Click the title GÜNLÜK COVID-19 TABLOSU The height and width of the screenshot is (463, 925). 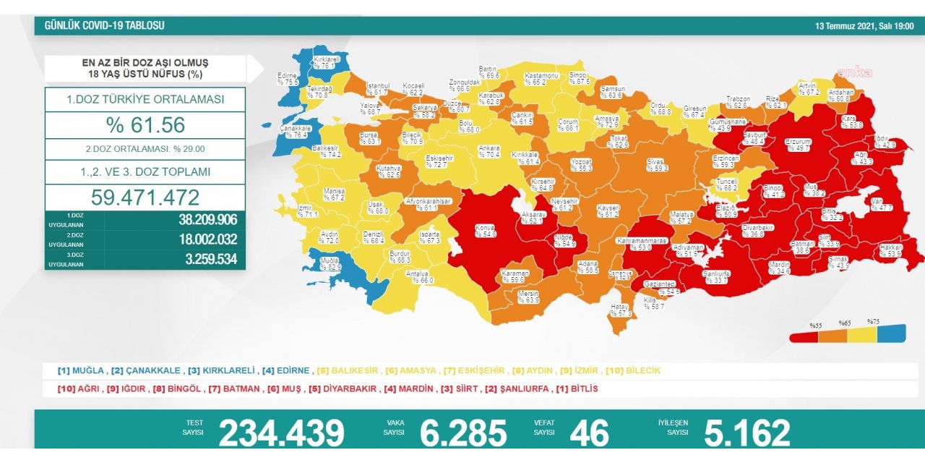coord(104,25)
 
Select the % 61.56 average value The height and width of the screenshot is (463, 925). coord(145,125)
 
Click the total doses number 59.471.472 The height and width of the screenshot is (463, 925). coord(145,197)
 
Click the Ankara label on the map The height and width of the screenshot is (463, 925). coord(489,151)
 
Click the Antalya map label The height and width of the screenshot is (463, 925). coord(418,277)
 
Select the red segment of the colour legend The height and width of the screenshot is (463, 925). coord(804,335)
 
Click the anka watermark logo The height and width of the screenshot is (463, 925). coord(855,72)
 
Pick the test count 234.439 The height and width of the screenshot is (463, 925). coord(282,433)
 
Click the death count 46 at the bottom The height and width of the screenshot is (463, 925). coord(589,433)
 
